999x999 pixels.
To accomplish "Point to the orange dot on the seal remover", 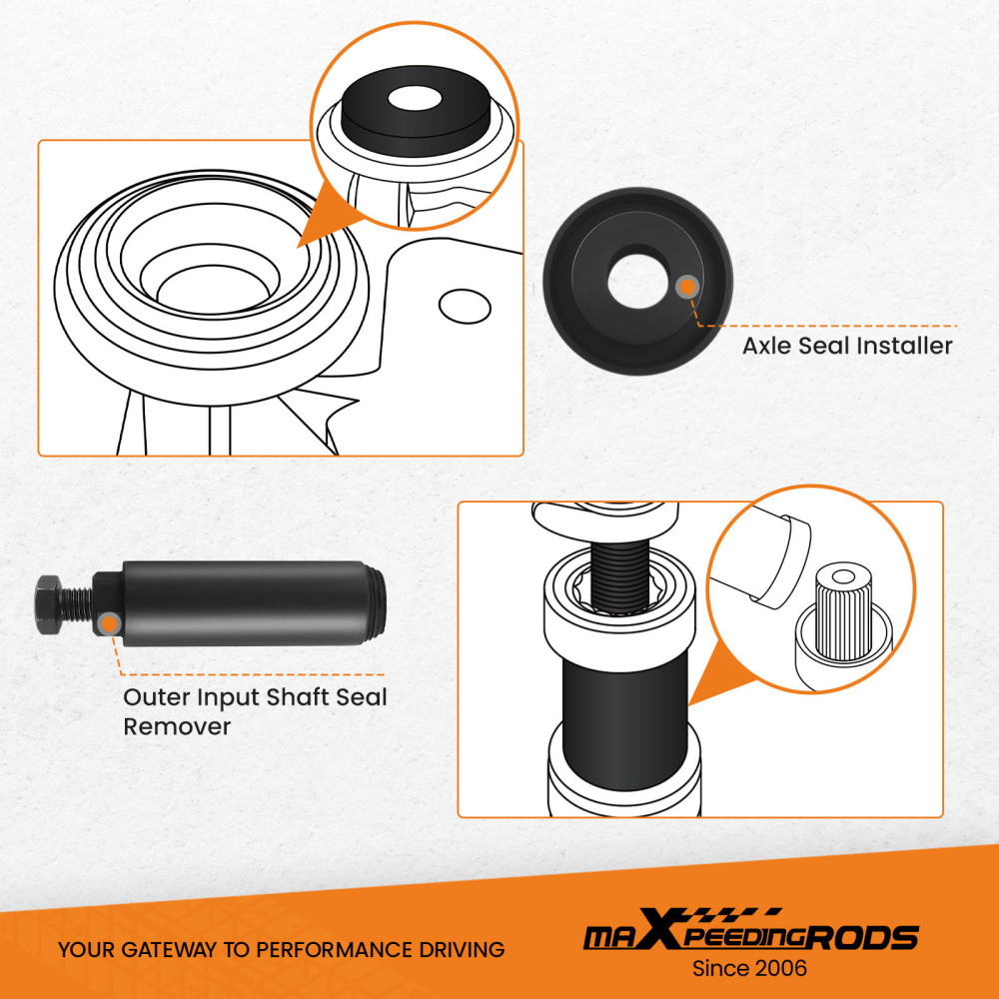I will point(110,623).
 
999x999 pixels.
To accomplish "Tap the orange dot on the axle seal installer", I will point(686,288).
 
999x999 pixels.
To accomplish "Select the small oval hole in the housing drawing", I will point(465,307).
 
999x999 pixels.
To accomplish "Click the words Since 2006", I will point(750,968).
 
